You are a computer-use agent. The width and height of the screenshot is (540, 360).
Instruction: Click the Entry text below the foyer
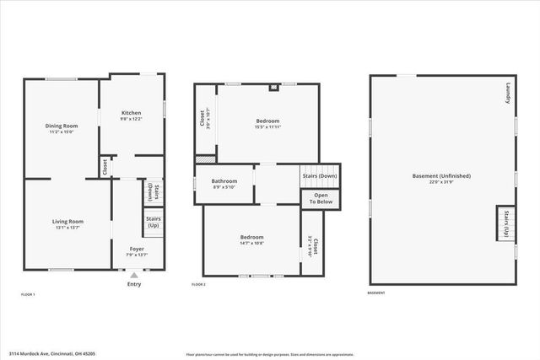point(134,284)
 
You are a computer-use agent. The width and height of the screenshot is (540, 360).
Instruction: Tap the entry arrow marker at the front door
point(134,275)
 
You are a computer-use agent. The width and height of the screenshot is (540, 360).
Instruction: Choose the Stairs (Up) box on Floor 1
point(153,222)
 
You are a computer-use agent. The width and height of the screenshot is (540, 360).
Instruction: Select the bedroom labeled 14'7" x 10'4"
point(251,240)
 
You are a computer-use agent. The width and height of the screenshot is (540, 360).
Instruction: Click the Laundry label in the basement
point(508,93)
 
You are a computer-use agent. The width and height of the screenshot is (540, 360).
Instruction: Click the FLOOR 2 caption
point(198,285)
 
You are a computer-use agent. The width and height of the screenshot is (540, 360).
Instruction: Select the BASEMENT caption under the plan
point(375,293)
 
